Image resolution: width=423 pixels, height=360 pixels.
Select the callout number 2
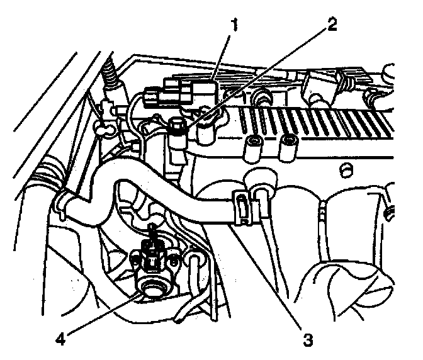(332, 25)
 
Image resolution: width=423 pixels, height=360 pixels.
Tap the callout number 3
(308, 340)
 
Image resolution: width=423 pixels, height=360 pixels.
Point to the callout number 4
(61, 338)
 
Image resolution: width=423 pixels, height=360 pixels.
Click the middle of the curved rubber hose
(164, 189)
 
